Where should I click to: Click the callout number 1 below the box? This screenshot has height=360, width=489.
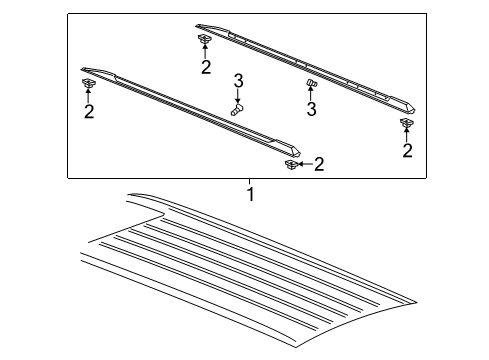tap(251, 194)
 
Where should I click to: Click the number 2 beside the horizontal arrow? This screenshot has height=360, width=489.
tap(319, 164)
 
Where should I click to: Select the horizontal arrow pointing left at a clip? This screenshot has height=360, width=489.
tap(305, 164)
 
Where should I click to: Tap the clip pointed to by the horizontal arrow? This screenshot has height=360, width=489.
tap(290, 164)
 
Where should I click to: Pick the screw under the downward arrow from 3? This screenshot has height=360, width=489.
tap(237, 109)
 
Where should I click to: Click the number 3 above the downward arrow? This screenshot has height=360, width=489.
tap(238, 81)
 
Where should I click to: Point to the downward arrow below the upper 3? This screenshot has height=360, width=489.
tap(238, 96)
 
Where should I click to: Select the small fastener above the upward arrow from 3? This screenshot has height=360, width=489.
tap(311, 83)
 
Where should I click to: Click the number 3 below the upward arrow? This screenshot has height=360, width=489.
tap(311, 109)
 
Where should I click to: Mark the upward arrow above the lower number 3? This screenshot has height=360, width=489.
tap(311, 94)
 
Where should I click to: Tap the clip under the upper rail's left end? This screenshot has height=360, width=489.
tap(204, 39)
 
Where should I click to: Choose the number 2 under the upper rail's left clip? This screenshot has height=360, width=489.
tap(206, 67)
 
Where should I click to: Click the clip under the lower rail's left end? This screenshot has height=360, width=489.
tap(88, 83)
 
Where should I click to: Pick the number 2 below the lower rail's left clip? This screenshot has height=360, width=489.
tap(89, 111)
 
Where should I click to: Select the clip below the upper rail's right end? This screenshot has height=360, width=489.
tap(406, 123)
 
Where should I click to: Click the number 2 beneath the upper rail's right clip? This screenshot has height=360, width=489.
tap(407, 150)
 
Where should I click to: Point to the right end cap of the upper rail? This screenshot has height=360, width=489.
tap(403, 105)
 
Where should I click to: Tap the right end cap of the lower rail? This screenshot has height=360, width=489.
tap(287, 148)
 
